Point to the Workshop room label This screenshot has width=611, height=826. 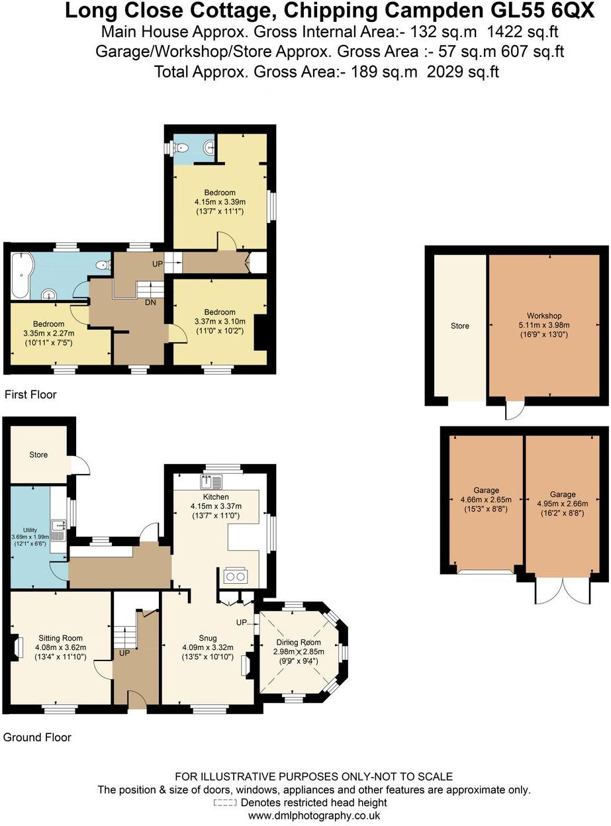coord(544,315)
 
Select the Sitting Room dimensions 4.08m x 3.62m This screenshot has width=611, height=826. coord(59,647)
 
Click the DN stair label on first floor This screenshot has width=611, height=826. coord(151,302)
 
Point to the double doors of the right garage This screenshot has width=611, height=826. coord(562,591)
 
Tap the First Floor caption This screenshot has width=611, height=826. coord(30,394)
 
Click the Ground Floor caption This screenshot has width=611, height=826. coord(37,737)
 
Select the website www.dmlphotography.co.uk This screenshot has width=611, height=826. coord(314,816)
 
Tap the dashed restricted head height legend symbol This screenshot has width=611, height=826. coord(225,803)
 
